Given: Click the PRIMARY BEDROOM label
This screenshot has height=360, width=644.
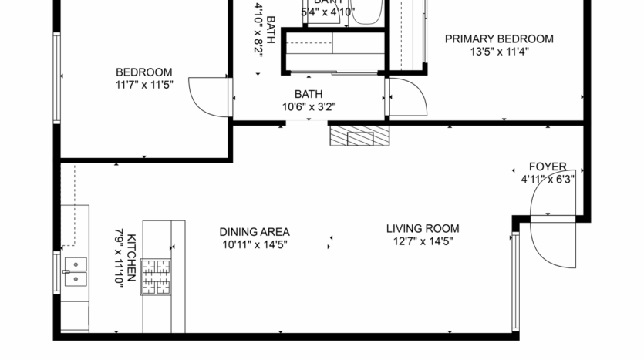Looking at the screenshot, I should pyautogui.click(x=499, y=39).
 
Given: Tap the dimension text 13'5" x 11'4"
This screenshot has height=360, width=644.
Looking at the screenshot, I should pyautogui.click(x=499, y=52).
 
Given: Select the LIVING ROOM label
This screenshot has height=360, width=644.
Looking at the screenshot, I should pyautogui.click(x=422, y=229).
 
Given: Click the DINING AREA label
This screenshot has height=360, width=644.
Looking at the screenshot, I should pyautogui.click(x=254, y=232).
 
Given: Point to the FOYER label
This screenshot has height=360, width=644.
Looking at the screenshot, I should pyautogui.click(x=547, y=167).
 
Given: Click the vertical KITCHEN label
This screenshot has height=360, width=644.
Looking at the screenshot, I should pyautogui.click(x=132, y=258).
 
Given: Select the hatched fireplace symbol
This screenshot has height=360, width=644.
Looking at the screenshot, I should pyautogui.click(x=360, y=136).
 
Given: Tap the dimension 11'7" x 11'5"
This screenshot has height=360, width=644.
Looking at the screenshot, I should pyautogui.click(x=144, y=85).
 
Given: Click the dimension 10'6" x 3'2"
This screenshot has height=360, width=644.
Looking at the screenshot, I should pyautogui.click(x=308, y=107).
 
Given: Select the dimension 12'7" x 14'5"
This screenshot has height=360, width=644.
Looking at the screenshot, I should pyautogui.click(x=422, y=241).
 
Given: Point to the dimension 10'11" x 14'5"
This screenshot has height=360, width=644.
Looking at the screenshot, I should pyautogui.click(x=254, y=244).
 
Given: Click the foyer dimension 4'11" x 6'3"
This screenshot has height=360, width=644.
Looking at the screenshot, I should pyautogui.click(x=547, y=179).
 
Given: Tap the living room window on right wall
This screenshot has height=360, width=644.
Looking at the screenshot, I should pyautogui.click(x=516, y=281).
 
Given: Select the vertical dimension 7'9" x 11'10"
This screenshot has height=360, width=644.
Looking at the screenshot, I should pyautogui.click(x=119, y=258).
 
